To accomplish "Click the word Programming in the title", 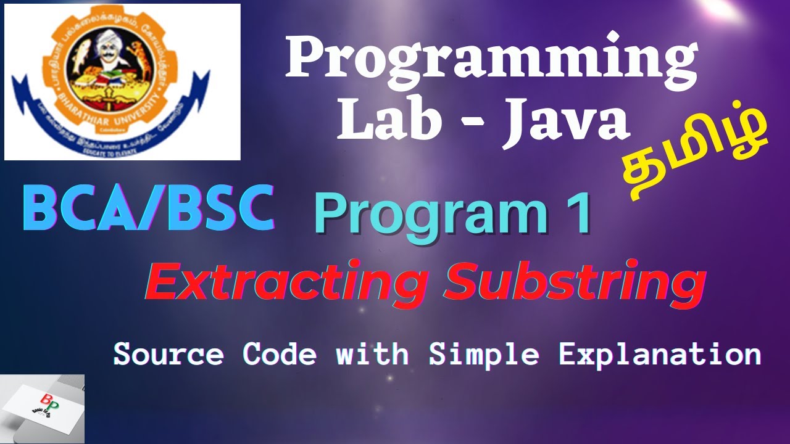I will click(x=491, y=60).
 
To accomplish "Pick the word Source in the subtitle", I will click(x=168, y=355).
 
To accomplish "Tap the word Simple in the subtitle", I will click(x=484, y=355).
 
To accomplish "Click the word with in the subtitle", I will click(x=372, y=355).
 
